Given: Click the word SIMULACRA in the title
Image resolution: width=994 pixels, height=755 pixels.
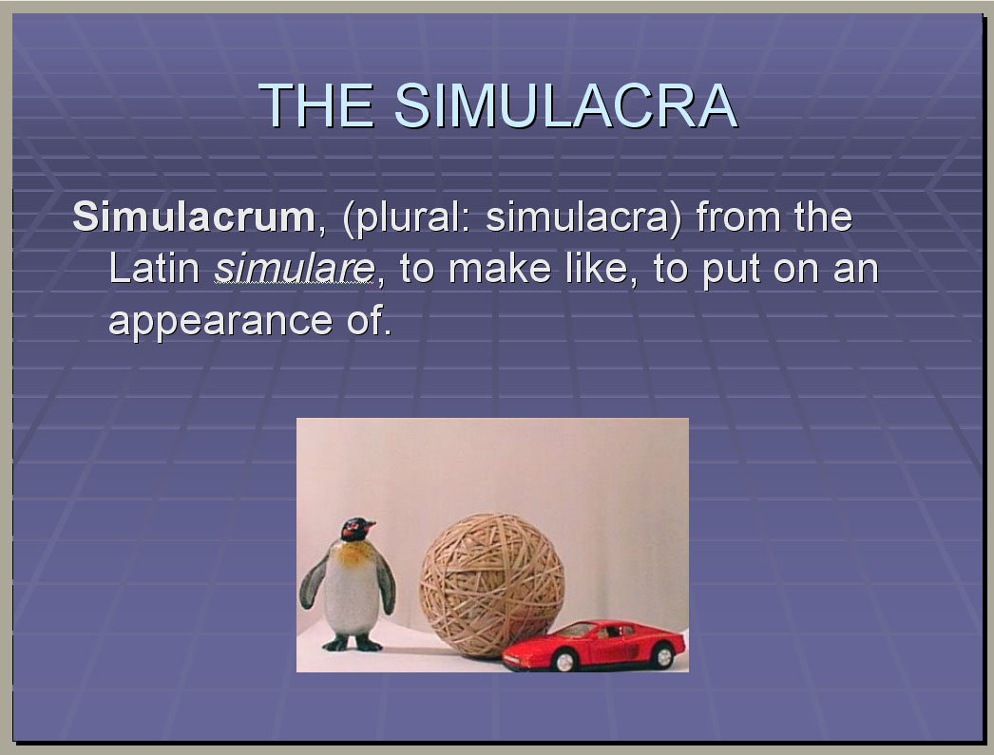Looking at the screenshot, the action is coord(565,105).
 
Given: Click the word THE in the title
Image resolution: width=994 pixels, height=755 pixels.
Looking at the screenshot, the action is coord(316,105).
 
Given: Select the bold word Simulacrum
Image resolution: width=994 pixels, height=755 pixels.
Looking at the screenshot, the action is coord(194,217).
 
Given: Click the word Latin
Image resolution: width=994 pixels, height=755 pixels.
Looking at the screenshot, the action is coord(155,269).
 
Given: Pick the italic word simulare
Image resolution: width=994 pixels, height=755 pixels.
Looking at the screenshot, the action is coord(295,269).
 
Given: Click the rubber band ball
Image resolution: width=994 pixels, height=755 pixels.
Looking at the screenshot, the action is coord(492,585).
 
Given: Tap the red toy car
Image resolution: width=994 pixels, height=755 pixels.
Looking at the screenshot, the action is coord(594,646).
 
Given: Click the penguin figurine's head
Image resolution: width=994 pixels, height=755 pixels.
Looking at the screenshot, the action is coord(357,530).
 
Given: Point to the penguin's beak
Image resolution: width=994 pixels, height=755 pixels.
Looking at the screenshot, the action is coord(369,525).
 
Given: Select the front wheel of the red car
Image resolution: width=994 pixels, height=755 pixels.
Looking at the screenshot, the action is coord(564,661).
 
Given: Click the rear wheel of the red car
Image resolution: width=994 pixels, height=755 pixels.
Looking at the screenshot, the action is coord(663,655).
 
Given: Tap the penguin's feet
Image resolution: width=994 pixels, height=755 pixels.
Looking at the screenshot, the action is coord(354,644).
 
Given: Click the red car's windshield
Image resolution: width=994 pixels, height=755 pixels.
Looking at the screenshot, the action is coord(576,631).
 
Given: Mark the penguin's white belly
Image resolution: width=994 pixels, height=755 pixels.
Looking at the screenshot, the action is coord(352,595).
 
